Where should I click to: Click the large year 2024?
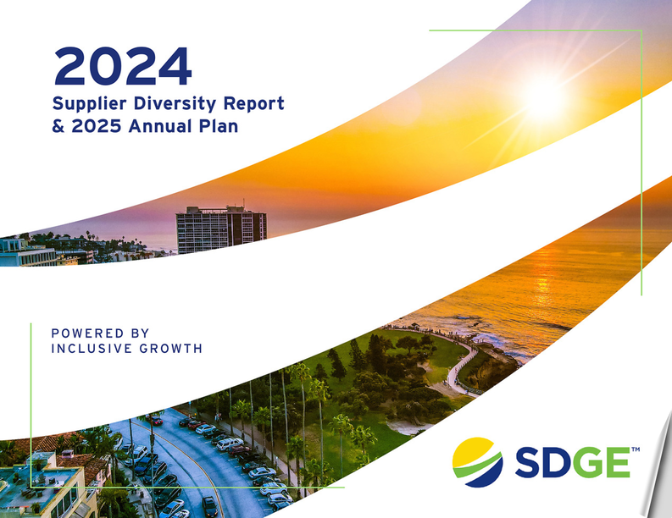123,66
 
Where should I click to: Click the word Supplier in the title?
89,104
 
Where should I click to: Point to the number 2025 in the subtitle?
97,126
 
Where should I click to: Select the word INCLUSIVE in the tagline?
92,349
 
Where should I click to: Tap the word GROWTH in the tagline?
171,349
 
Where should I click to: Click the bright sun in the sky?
545,99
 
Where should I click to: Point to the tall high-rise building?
221,229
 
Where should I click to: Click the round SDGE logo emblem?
478,462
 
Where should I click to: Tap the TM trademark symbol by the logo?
636,449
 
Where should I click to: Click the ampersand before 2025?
58,126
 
